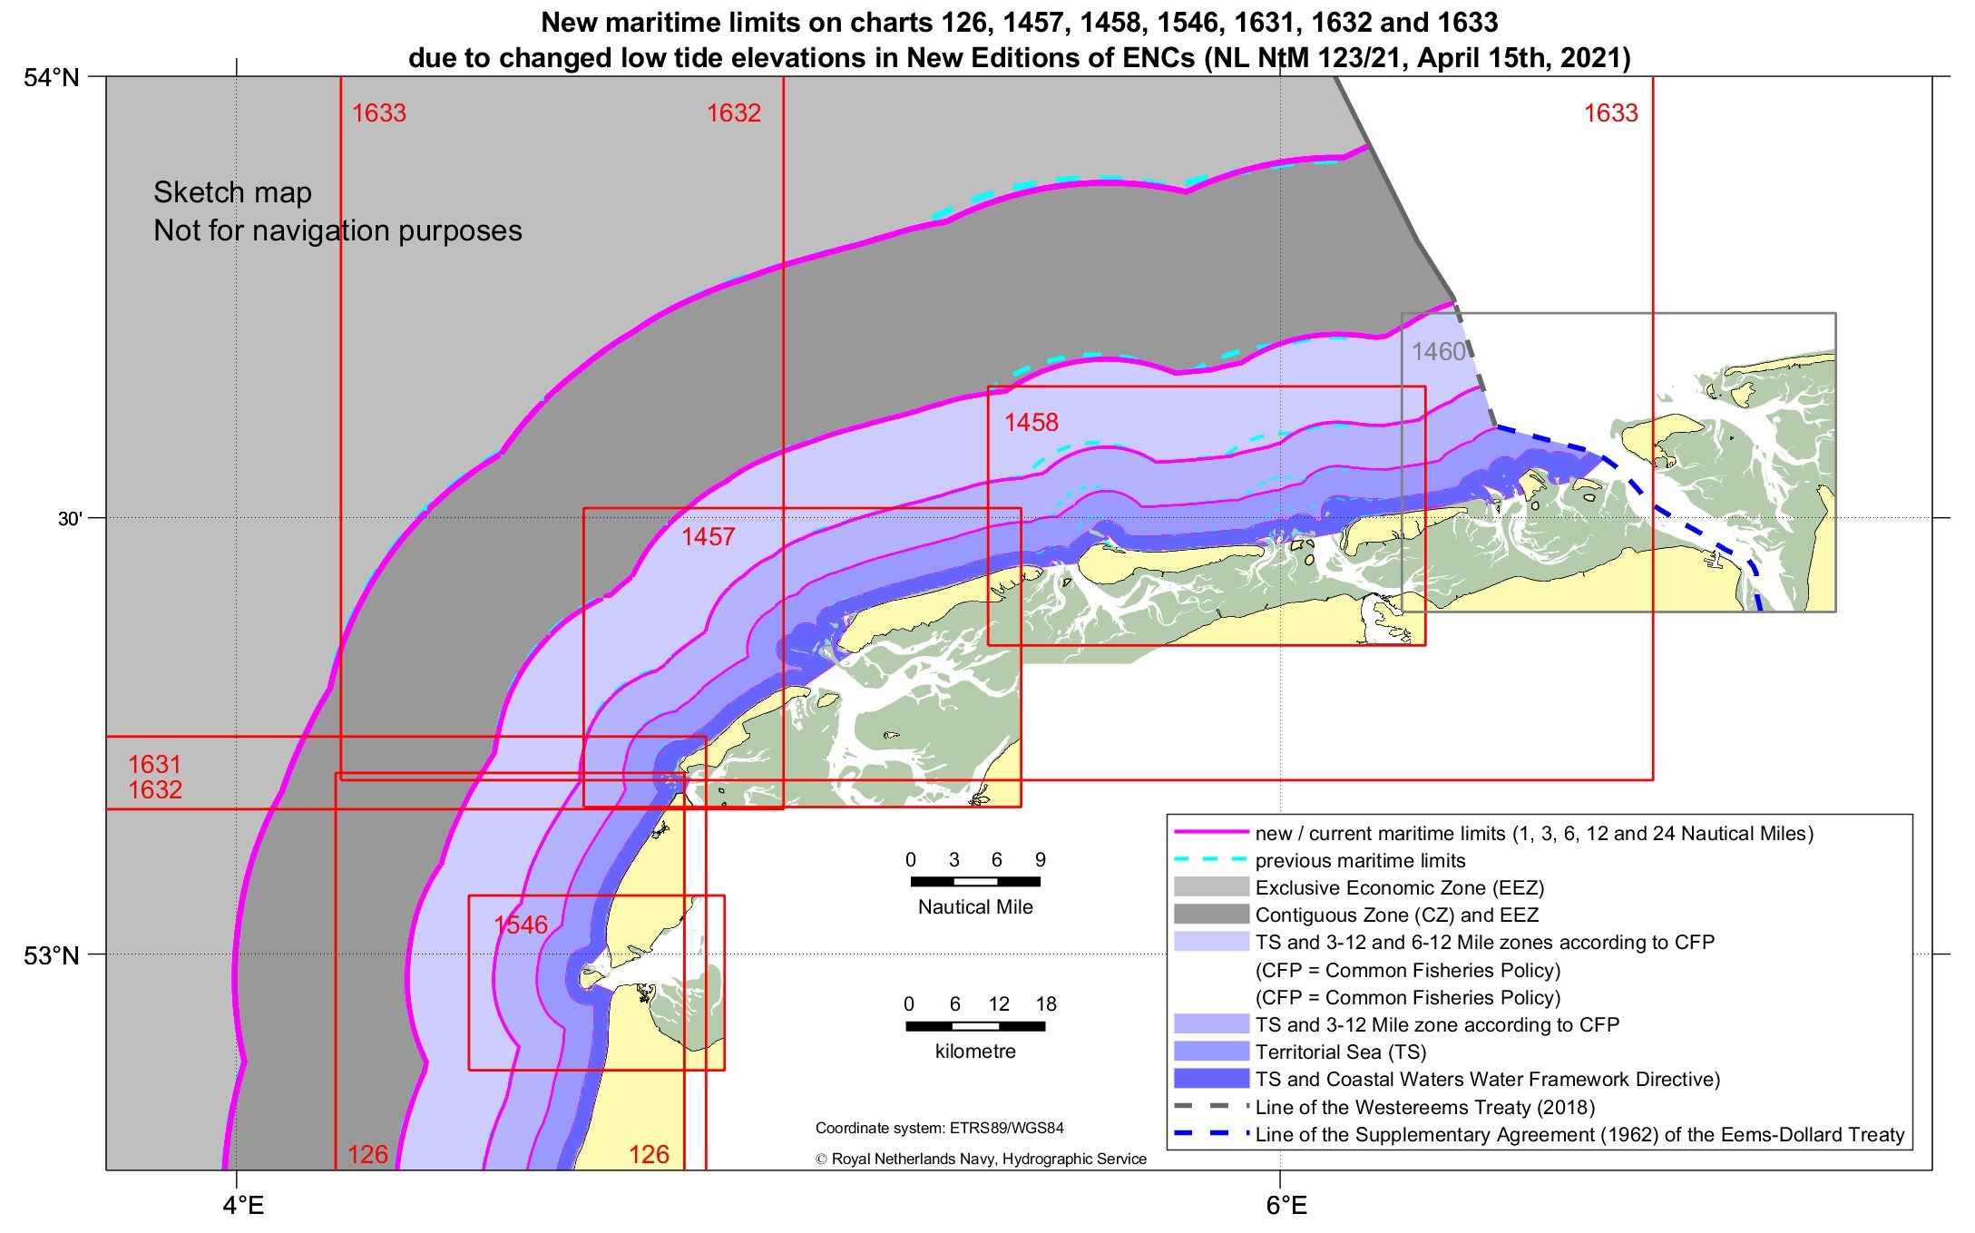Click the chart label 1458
(x=1031, y=422)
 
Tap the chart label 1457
(x=708, y=536)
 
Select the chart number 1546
(x=521, y=925)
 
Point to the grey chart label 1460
(x=1438, y=351)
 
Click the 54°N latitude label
(x=52, y=77)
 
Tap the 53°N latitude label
(x=52, y=955)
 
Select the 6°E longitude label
(x=1286, y=1205)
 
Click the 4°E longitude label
(x=243, y=1205)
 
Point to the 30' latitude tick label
(x=70, y=519)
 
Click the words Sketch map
(x=232, y=192)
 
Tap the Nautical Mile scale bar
(x=975, y=881)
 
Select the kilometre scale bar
(x=975, y=1026)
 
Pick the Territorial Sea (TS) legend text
(x=1341, y=1052)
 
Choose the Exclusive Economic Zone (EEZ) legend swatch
(x=1211, y=887)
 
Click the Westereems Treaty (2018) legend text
(x=1424, y=1107)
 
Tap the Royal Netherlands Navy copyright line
(x=981, y=1159)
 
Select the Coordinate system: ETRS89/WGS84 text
(x=939, y=1128)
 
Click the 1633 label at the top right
(x=1610, y=113)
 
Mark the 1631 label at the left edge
(x=154, y=764)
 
